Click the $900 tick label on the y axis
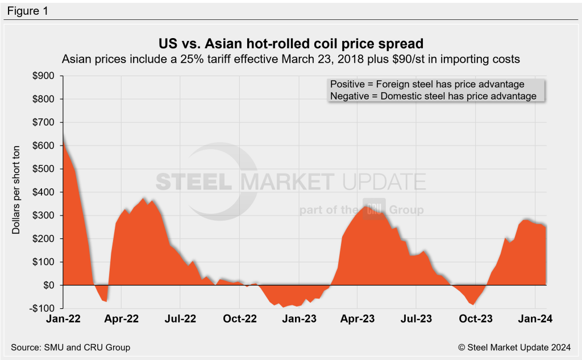pyautogui.click(x=45, y=76)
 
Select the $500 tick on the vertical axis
pyautogui.click(x=45, y=169)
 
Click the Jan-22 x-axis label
pyautogui.click(x=63, y=320)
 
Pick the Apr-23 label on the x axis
pyautogui.click(x=357, y=320)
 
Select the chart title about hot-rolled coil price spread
pyautogui.click(x=291, y=43)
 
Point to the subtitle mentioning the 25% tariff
pyautogui.click(x=291, y=59)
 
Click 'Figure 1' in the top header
pyautogui.click(x=27, y=11)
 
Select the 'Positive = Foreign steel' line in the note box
pyautogui.click(x=435, y=84)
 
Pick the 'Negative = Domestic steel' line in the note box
pyautogui.click(x=433, y=96)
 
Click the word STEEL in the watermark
pyautogui.click(x=194, y=181)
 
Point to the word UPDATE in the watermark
pyautogui.click(x=384, y=181)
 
